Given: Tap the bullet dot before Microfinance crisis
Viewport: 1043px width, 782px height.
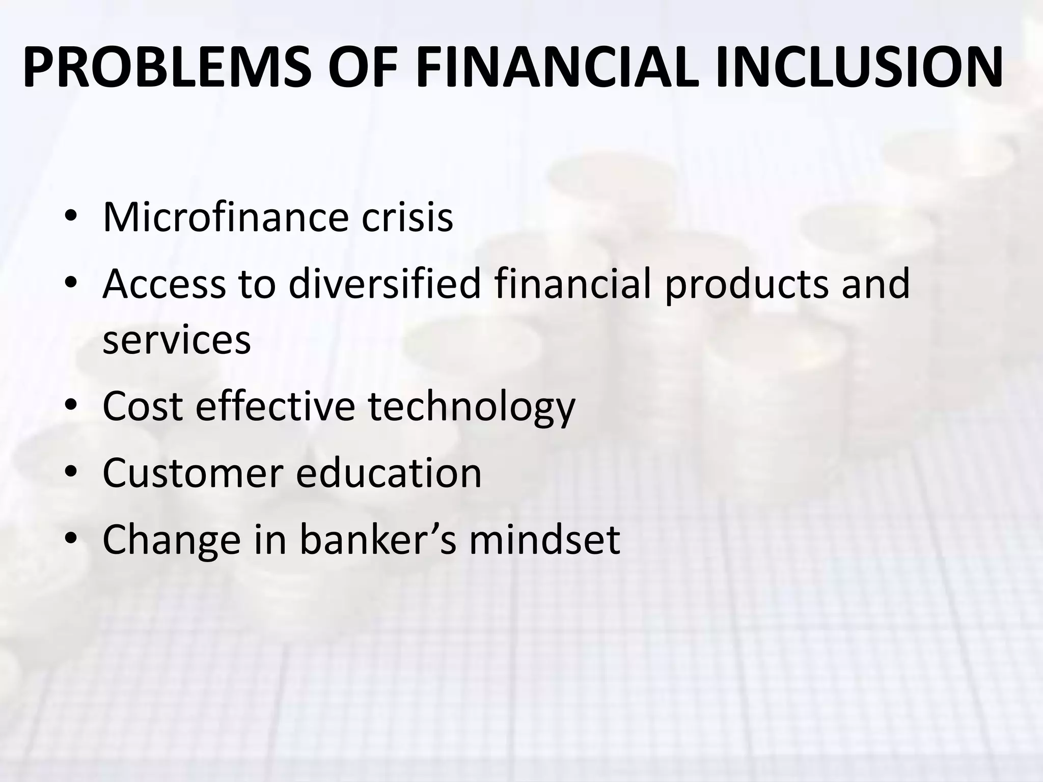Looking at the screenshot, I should coord(71,216).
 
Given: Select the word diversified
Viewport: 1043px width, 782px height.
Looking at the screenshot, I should coord(385,284).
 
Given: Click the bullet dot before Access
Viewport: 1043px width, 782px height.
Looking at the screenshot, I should coord(71,283).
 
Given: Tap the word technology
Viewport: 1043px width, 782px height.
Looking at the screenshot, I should coord(471,407).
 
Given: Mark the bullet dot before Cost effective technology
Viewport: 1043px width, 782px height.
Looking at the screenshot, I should coord(71,405).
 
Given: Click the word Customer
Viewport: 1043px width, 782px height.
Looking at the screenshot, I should coord(193,473).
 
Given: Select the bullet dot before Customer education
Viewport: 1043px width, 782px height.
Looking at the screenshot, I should coord(71,472).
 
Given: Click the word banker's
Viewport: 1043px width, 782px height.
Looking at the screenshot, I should coord(377,540).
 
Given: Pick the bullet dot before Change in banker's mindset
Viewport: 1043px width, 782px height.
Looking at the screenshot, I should coord(71,539).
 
